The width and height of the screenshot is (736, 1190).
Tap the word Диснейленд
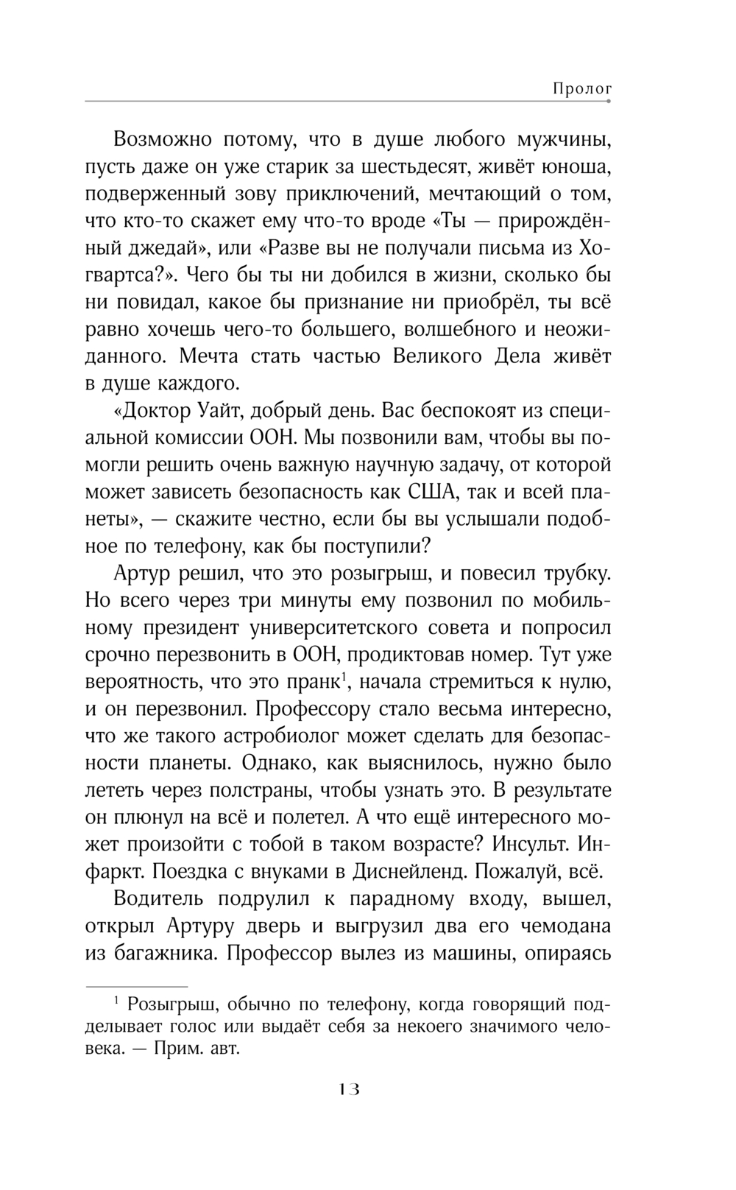pos(407,872)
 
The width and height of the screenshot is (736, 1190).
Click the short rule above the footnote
pos(137,986)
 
